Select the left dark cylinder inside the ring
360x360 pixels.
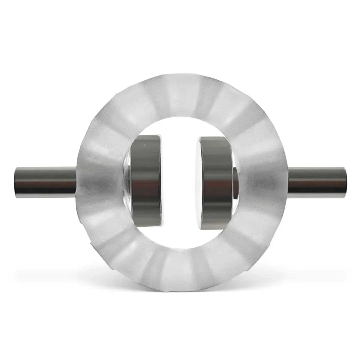[x=146, y=180]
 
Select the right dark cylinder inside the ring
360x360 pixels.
[x=214, y=180]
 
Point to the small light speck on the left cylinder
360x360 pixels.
[x=145, y=145]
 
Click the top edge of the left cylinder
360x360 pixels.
[x=146, y=136]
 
